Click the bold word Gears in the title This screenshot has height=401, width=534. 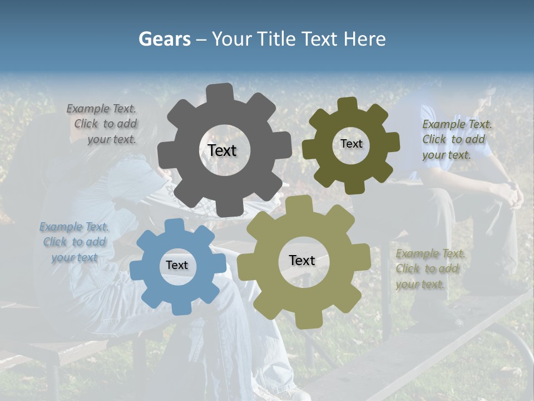(x=164, y=39)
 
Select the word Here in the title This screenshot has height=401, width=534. (x=364, y=39)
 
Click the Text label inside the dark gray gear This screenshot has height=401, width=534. (x=222, y=150)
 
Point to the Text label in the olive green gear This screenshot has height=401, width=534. (x=351, y=144)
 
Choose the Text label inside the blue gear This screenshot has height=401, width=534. (x=176, y=266)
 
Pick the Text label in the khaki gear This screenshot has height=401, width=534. (x=302, y=260)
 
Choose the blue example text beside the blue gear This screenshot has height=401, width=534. (x=74, y=242)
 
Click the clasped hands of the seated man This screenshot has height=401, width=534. (x=510, y=195)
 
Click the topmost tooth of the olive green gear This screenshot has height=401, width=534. (x=348, y=104)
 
